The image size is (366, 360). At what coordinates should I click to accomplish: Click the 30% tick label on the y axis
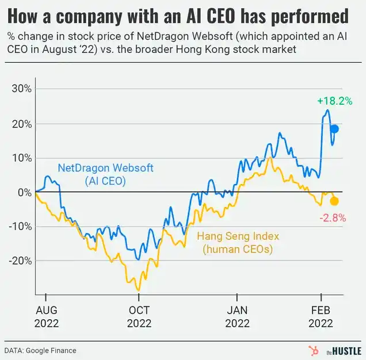[x=21, y=89]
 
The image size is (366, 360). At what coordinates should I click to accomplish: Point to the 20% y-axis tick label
[x=21, y=124]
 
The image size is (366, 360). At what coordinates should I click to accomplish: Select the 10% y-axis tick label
[x=22, y=158]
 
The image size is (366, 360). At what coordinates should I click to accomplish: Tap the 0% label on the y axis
[x=25, y=193]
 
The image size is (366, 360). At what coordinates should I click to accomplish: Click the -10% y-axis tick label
[x=20, y=227]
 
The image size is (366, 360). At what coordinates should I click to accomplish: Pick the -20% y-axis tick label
[x=20, y=261]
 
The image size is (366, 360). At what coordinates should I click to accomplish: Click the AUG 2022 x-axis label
[x=47, y=317]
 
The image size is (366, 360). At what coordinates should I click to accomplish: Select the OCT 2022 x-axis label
[x=139, y=317]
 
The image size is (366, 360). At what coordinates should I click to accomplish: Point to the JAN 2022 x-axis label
[x=237, y=317]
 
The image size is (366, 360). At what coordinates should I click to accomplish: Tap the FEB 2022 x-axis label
[x=321, y=317]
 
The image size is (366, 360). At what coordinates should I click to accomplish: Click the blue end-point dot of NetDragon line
[x=335, y=129]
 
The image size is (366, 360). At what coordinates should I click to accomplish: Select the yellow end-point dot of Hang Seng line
[x=334, y=201]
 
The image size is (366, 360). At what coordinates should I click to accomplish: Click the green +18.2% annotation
[x=335, y=101]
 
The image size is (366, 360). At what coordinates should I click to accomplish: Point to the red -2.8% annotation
[x=333, y=218]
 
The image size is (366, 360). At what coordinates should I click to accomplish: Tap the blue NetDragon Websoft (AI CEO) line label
[x=105, y=174]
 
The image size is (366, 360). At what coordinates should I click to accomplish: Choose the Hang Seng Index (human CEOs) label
[x=238, y=243]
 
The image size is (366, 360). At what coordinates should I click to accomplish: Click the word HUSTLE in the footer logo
[x=346, y=351]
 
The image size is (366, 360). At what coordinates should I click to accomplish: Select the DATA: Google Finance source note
[x=40, y=351]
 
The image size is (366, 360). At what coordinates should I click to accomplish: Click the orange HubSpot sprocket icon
[x=314, y=351]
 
